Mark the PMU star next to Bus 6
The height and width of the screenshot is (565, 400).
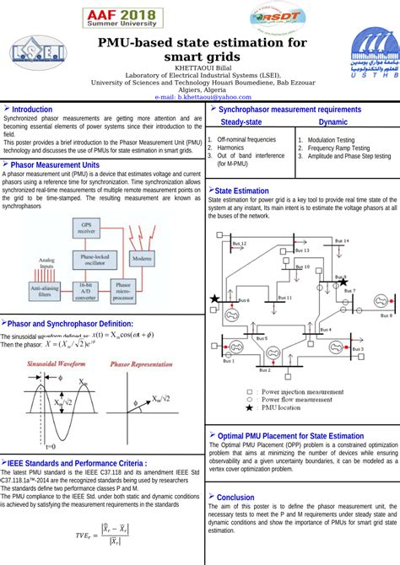pos(216,299)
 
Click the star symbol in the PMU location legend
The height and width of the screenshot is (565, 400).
pos(249,407)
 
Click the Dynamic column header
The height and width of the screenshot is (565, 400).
pos(332,122)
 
